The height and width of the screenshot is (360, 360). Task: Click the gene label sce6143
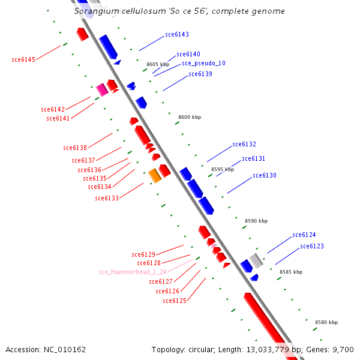[x=177, y=34]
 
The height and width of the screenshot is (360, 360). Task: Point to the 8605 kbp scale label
[x=158, y=64]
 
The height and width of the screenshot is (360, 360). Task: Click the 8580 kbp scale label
[x=326, y=323]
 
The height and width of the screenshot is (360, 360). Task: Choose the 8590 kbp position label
[x=256, y=221]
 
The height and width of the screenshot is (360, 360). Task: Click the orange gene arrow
[x=155, y=175]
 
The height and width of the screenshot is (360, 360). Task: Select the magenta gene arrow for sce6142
[x=102, y=89]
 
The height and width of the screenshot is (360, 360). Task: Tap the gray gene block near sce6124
[x=256, y=260]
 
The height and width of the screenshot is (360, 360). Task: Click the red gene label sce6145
[x=23, y=59]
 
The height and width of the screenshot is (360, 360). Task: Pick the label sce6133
[x=107, y=198]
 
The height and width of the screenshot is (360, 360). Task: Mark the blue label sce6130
[x=265, y=176]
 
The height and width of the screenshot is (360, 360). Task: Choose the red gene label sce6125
[x=175, y=301]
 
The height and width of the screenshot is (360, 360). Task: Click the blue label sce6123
[x=312, y=247]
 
